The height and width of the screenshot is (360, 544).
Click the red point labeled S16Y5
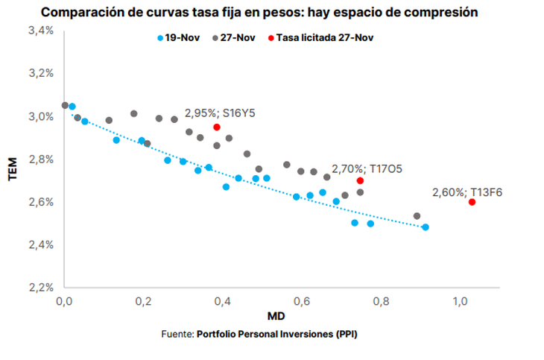click(217, 127)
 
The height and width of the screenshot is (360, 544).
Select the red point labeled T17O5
click(360, 180)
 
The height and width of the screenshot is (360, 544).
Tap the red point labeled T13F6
click(472, 202)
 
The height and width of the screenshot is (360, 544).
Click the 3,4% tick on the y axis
click(41, 31)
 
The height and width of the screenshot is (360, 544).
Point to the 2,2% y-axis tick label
click(41, 288)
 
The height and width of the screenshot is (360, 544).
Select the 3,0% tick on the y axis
click(41, 116)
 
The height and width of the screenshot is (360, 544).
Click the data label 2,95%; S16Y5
click(221, 113)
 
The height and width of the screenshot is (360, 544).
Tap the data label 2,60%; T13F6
click(467, 192)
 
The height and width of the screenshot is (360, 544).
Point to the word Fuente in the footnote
click(177, 334)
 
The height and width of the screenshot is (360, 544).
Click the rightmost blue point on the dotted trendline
click(426, 227)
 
